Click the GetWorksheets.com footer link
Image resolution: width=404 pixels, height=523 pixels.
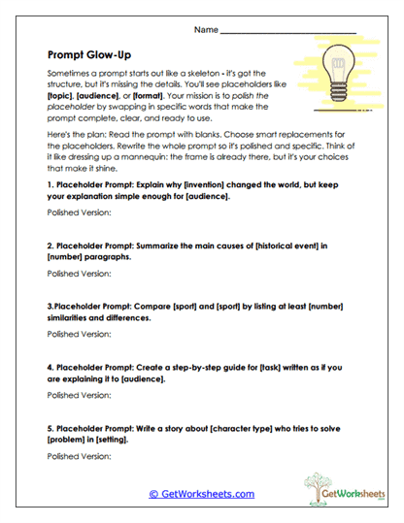pos(201,494)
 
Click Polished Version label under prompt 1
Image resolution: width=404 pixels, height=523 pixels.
pos(78,211)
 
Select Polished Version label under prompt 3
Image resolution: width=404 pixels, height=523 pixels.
pos(78,333)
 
